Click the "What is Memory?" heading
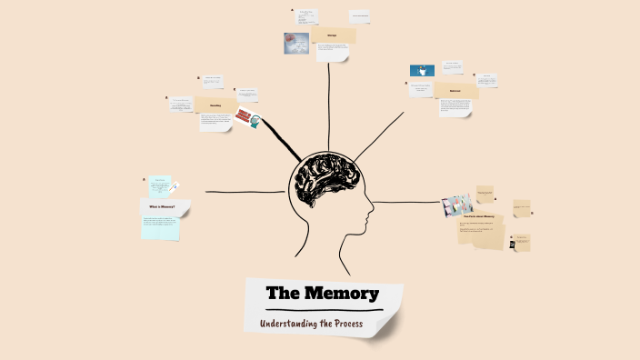pos(163,207)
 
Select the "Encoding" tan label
pos(215,105)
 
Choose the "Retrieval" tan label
pos(455,91)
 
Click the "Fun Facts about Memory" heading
pos(478,216)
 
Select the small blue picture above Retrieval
pos(422,70)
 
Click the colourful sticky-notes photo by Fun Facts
pos(457,205)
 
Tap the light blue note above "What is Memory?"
pos(159,185)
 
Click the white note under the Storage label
pos(332,53)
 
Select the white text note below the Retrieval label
pos(455,107)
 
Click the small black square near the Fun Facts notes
pos(513,245)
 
